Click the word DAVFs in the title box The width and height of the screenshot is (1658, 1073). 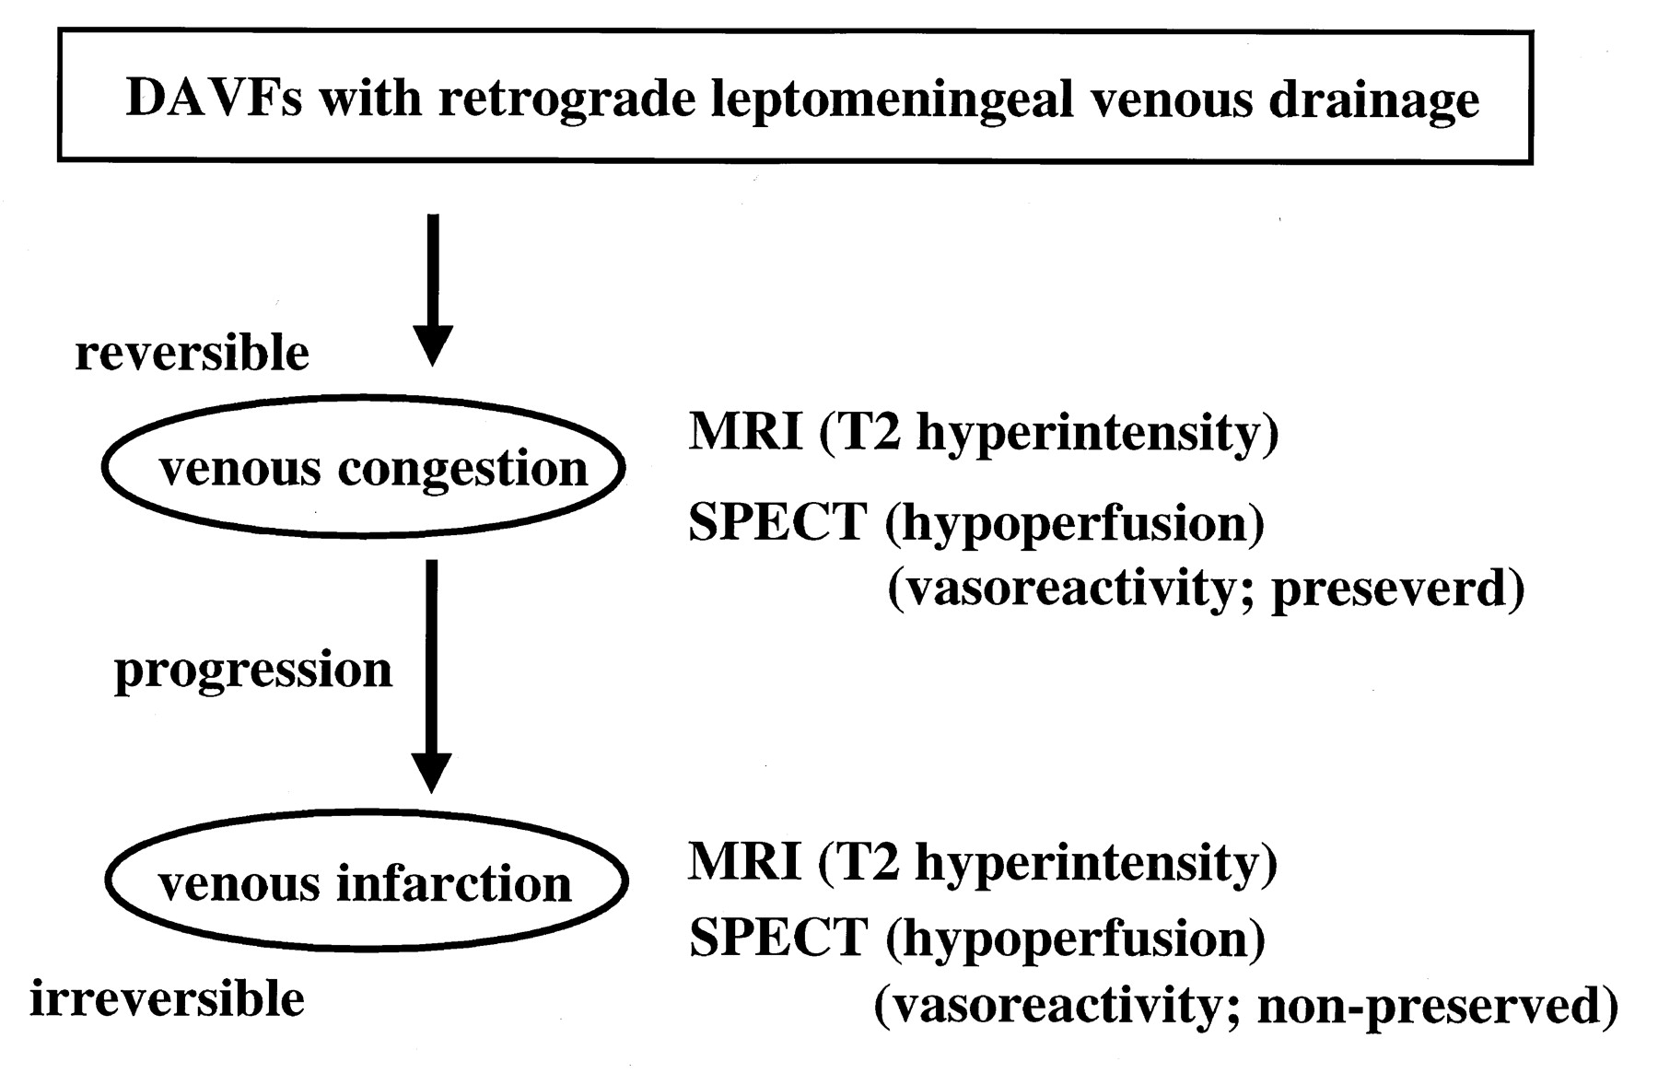214,98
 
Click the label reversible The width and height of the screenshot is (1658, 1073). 192,352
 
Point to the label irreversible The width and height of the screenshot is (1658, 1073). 167,998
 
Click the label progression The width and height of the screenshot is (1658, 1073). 253,671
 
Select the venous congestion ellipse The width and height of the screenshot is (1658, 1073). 364,396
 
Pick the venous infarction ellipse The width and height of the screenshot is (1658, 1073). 367,811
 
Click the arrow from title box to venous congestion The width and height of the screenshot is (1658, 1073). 432,290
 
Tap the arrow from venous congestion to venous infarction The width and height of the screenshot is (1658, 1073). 431,676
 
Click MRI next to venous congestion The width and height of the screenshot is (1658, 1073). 745,431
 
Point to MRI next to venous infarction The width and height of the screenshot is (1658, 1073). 744,862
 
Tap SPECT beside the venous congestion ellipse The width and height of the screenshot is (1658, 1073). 778,521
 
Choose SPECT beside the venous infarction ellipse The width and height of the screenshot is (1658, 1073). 778,937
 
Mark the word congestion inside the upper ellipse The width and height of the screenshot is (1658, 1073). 462,470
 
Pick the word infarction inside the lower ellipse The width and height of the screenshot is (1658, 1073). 454,882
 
